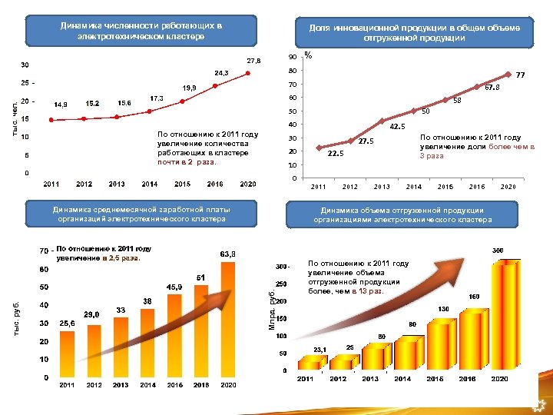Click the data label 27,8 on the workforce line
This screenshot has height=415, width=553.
253,60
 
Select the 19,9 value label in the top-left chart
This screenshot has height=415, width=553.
188,88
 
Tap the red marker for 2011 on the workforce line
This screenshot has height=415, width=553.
51,120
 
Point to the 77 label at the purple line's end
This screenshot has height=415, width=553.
520,75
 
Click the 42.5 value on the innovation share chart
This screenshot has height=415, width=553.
398,127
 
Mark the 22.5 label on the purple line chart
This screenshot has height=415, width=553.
336,153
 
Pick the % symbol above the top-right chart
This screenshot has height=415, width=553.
308,55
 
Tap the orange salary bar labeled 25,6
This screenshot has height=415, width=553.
67,353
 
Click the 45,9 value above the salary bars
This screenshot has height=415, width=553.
174,287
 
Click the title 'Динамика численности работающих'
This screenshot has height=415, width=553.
141,32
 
